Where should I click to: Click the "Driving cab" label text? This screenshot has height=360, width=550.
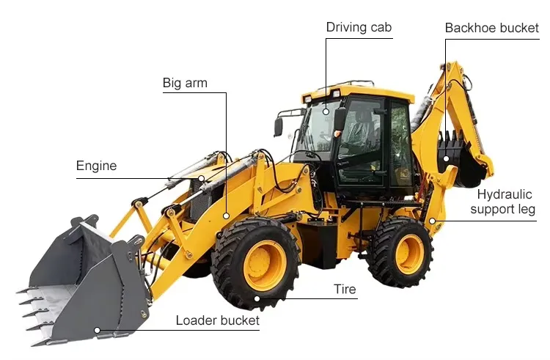(x=359, y=28)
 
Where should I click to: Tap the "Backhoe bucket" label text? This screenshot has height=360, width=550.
(x=492, y=28)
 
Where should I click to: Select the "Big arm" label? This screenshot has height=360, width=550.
(x=185, y=83)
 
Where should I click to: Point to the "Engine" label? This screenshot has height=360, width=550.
(x=96, y=166)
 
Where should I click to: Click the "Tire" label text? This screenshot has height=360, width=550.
(x=345, y=289)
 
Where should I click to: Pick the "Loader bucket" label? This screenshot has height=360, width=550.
(x=217, y=320)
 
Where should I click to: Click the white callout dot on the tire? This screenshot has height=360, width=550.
(x=257, y=298)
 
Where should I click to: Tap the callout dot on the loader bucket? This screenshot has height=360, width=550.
(x=97, y=330)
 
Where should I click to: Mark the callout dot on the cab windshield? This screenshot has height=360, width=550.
(x=326, y=111)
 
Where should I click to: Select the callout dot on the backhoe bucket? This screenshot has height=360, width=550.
(x=445, y=158)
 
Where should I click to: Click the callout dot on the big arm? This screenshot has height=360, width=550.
(x=226, y=216)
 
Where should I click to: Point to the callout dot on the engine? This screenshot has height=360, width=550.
(x=202, y=178)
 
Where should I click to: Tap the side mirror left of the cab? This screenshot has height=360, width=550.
(x=279, y=126)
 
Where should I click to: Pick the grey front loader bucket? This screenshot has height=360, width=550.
(x=81, y=282)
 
